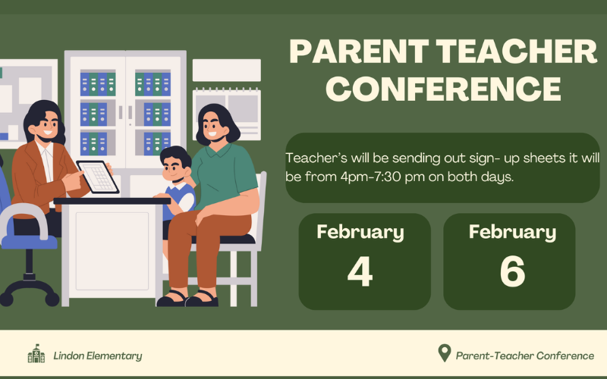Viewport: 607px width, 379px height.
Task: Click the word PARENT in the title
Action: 359,52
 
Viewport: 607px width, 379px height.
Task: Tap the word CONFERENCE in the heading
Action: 443,89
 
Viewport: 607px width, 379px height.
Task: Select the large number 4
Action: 360,271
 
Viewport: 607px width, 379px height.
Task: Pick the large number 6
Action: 512,271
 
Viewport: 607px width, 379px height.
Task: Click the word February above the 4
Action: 360,232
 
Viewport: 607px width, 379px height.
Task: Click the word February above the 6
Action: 512,232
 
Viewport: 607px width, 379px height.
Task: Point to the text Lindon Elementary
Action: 98,356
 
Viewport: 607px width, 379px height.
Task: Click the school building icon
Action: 36,353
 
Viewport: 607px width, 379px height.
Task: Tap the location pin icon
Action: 445,353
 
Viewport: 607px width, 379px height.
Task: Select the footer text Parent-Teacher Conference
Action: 525,356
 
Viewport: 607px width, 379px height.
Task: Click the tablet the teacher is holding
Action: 98,177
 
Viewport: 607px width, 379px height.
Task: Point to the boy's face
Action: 175,168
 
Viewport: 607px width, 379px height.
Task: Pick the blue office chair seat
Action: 30,242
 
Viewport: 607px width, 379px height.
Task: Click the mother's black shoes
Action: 187,299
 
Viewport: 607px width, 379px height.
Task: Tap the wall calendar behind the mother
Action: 227,114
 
